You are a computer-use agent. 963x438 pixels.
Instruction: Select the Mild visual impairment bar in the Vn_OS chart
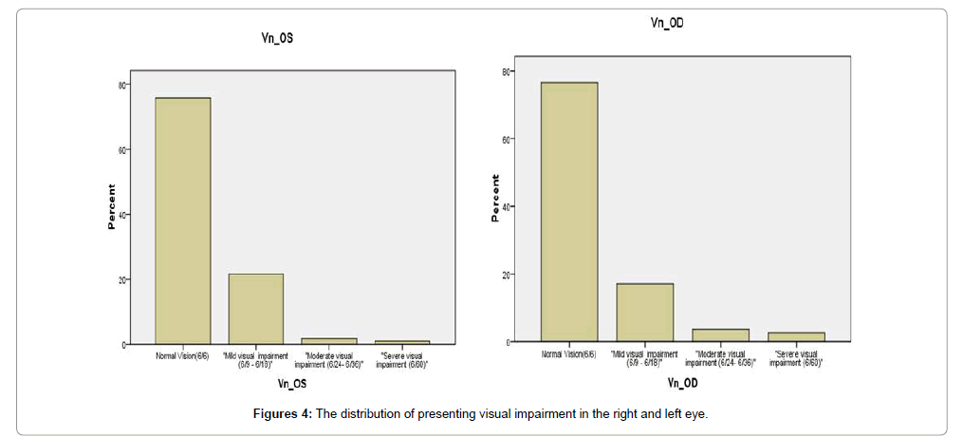click(256, 309)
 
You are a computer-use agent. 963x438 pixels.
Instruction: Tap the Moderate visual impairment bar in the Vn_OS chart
click(329, 340)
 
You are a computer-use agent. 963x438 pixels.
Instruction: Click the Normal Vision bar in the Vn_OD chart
click(568, 210)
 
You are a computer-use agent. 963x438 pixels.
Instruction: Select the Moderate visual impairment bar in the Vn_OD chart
click(721, 334)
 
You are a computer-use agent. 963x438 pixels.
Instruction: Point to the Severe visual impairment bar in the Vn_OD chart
click(797, 336)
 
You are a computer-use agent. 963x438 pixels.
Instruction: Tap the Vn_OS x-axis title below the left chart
click(291, 384)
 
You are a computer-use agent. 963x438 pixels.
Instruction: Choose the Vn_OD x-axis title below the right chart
click(683, 382)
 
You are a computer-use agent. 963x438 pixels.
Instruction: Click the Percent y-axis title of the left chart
click(111, 206)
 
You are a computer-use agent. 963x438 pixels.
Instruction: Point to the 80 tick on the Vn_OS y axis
click(122, 85)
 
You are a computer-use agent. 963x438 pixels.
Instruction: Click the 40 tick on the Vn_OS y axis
click(122, 215)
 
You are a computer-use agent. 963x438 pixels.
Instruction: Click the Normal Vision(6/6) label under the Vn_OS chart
click(182, 355)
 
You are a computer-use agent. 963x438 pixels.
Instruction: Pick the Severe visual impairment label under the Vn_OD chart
click(797, 357)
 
